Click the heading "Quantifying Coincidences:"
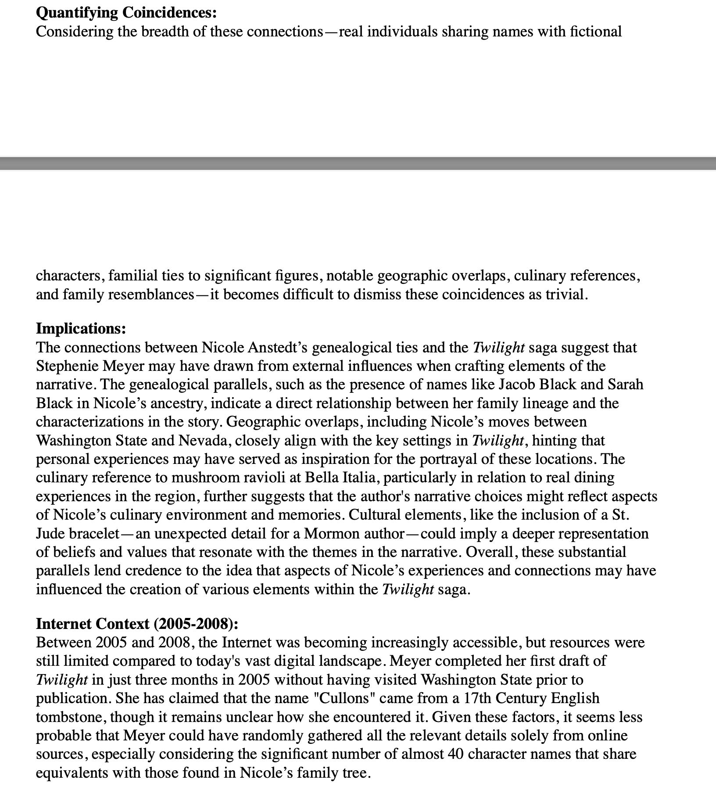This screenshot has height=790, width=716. click(126, 13)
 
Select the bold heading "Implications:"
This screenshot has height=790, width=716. click(81, 328)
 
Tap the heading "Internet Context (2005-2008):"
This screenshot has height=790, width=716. click(137, 624)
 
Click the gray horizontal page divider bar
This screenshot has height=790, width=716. click(358, 163)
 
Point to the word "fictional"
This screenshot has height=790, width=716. click(595, 32)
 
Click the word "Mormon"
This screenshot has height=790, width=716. click(332, 533)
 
